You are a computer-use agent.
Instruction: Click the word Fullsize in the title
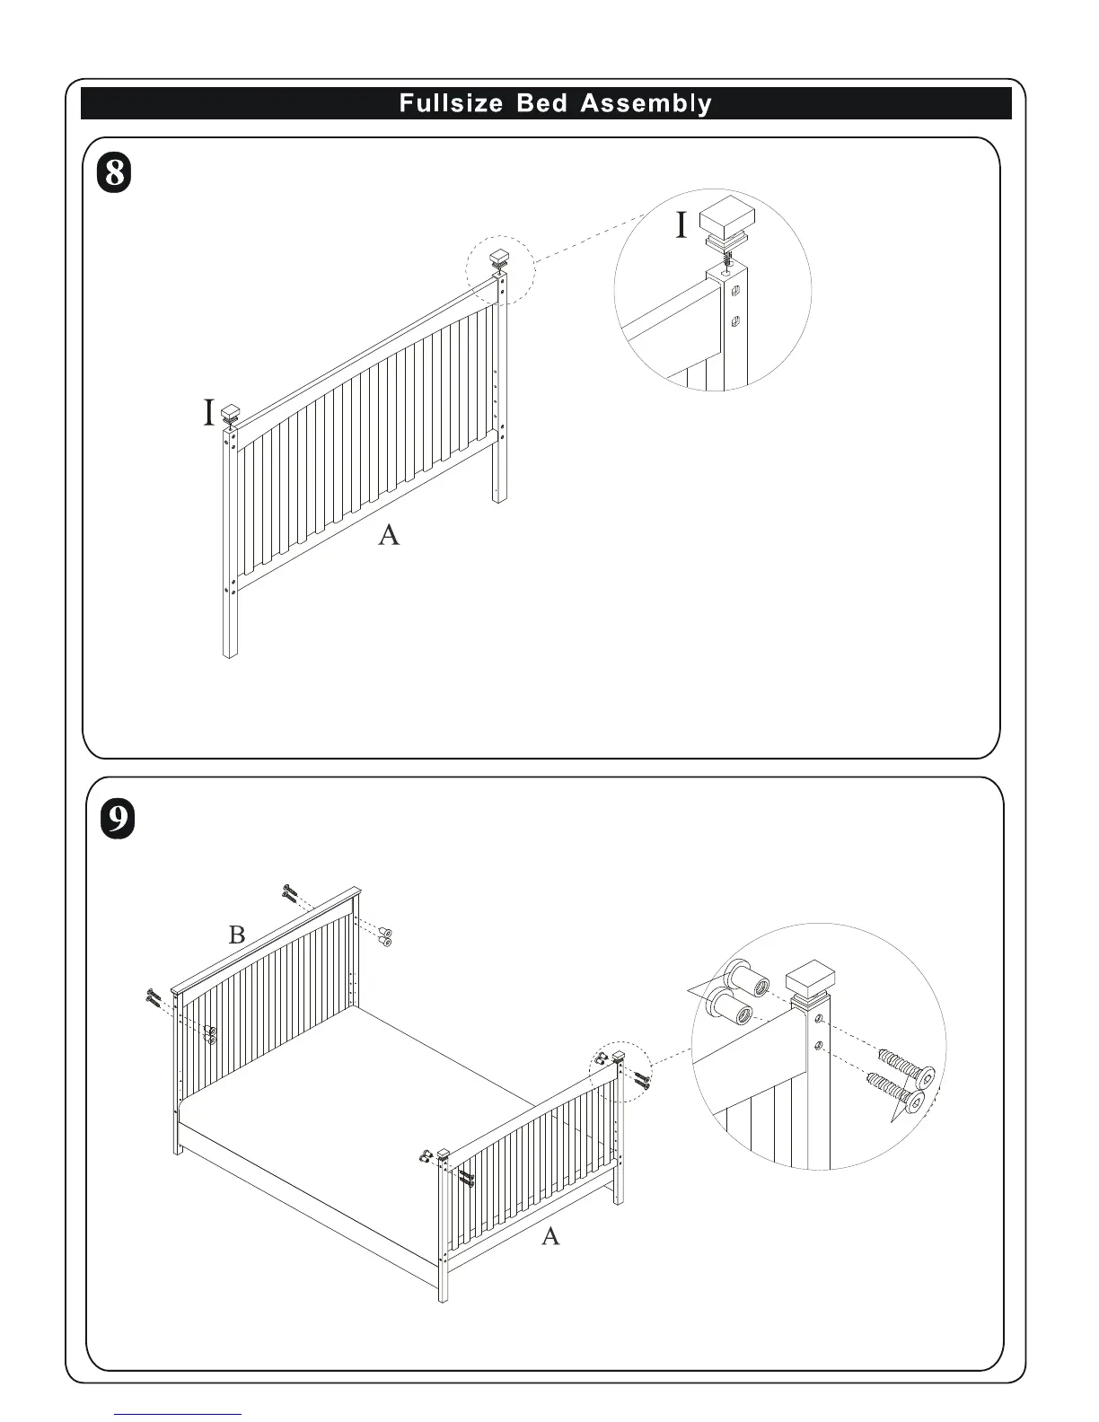[x=451, y=103]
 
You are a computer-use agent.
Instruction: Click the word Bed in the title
[x=542, y=103]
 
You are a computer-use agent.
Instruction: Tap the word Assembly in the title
[x=646, y=103]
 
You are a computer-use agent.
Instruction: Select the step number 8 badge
[x=114, y=171]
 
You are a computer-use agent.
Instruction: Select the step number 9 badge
[x=117, y=820]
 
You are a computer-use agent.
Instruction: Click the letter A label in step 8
[x=388, y=536]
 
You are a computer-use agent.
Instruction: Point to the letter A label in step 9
[x=550, y=1236]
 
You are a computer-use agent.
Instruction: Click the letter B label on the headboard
[x=237, y=935]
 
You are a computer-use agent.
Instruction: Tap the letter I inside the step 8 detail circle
[x=681, y=226]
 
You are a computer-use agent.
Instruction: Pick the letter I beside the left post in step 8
[x=208, y=414]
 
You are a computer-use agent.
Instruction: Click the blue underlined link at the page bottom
[x=179, y=1414]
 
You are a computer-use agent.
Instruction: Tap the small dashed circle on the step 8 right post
[x=499, y=269]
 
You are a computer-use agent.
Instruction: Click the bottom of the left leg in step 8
[x=230, y=653]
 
